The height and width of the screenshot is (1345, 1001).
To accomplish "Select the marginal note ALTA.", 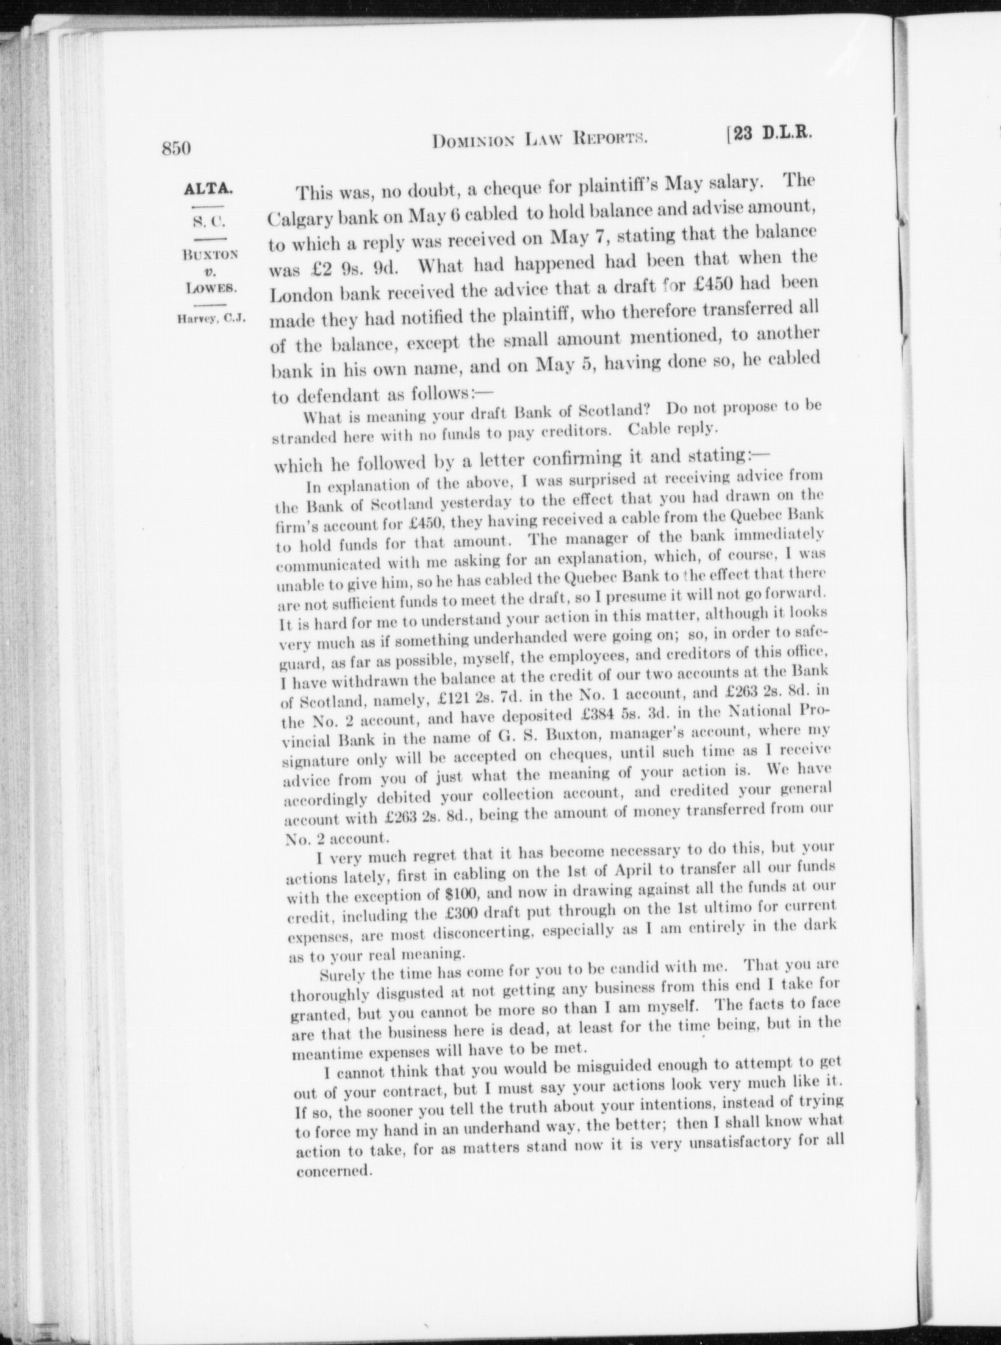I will tap(207, 190).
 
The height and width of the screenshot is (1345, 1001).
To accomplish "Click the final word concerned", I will tap(333, 1170).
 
